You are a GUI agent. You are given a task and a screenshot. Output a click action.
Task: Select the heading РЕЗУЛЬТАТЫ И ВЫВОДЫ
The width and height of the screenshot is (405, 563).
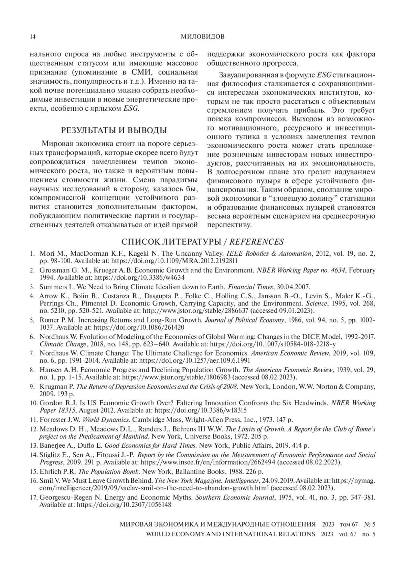click(x=114, y=131)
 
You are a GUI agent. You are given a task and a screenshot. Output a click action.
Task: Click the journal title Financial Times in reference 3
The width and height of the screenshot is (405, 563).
click(x=250, y=287)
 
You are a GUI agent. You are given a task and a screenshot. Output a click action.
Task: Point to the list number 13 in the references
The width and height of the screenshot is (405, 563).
click(x=33, y=446)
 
